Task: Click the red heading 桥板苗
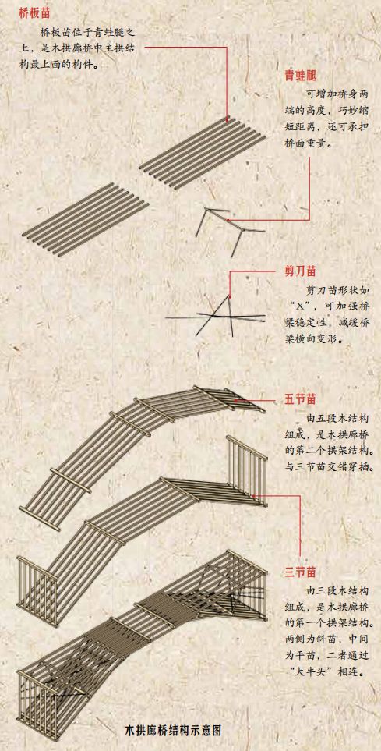coord(34,13)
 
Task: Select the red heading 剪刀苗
coord(300,271)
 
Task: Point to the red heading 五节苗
coord(300,399)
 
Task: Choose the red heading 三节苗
coord(300,572)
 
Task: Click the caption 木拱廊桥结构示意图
coord(174,731)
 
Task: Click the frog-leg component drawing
coord(230,232)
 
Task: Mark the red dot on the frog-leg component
coord(228,221)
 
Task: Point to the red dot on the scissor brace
coord(230,297)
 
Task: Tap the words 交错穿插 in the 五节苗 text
coord(349,466)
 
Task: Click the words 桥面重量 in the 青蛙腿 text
coord(305,143)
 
